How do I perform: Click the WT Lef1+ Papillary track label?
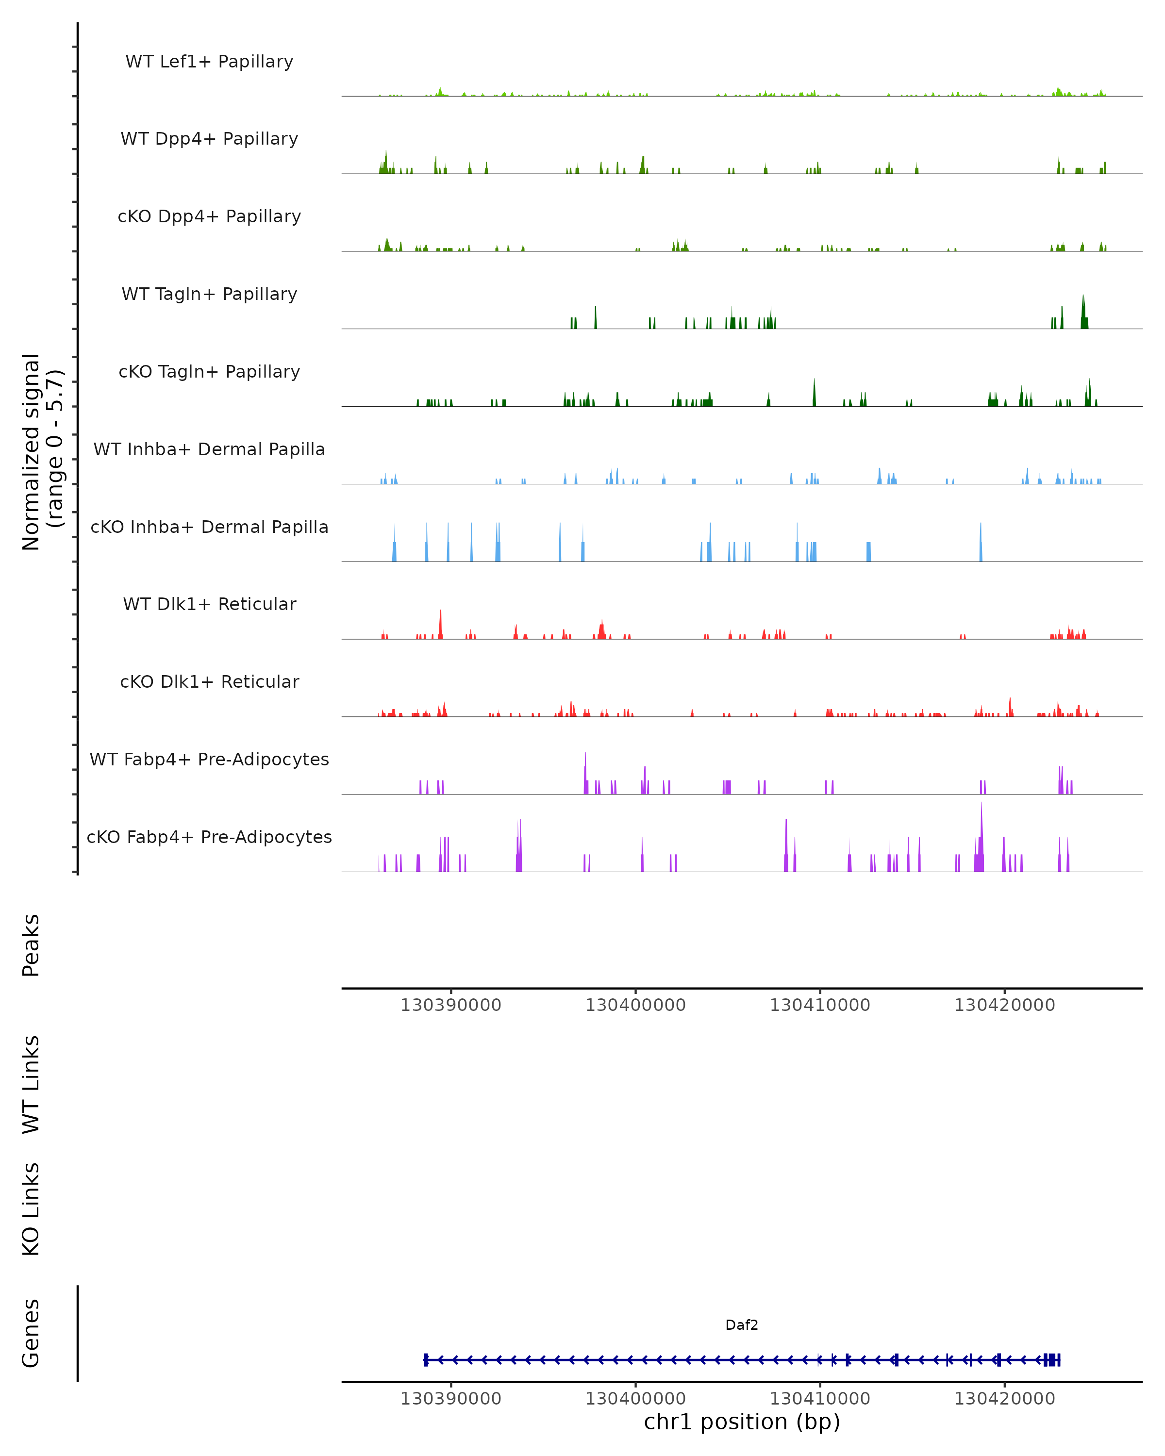209,62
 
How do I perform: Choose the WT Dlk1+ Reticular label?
209,604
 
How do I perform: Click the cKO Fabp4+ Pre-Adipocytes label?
209,837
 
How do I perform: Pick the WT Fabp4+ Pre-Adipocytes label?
209,759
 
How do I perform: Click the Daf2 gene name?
742,1325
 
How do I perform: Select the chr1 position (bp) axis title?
742,1422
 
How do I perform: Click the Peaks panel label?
31,945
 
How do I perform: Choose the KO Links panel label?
31,1209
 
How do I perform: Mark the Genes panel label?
31,1333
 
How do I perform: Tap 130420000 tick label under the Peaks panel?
1004,1005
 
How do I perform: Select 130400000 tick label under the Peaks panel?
635,1005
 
